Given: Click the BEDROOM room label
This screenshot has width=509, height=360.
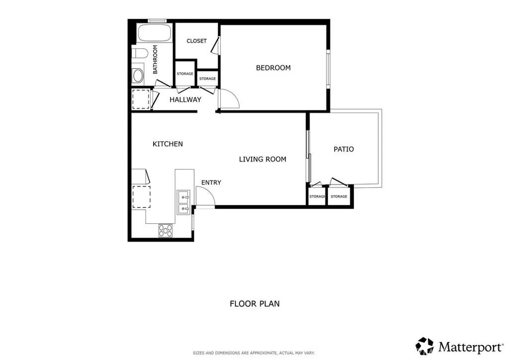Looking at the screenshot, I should tap(273, 68).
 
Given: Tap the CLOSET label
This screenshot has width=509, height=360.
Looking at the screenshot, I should tap(196, 41).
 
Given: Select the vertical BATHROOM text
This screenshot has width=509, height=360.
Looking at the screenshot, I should tap(155, 60).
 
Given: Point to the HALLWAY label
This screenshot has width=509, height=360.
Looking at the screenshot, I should tap(185, 99).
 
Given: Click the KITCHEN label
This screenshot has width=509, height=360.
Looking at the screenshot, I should tap(168, 144).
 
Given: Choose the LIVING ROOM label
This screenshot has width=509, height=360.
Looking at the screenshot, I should tap(262, 159).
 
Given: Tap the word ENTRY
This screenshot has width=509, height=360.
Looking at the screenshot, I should tap(211, 182).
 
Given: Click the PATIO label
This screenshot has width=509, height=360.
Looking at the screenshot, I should tap(343, 149).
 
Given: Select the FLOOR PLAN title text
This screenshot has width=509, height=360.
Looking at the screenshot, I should tap(254, 303).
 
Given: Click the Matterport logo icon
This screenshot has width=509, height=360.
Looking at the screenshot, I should tap(424, 346).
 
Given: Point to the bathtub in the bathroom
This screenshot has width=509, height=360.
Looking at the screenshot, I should tap(154, 33).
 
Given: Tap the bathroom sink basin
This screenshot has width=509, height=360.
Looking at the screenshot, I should tap(138, 76).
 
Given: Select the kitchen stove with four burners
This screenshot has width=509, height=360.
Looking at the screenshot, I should tap(166, 230).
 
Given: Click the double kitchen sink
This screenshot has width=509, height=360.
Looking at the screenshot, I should tap(182, 201).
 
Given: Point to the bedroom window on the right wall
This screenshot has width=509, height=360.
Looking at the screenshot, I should tap(328, 69).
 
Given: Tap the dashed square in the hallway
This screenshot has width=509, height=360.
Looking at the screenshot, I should tap(141, 99).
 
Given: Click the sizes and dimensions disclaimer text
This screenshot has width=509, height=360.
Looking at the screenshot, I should tap(254, 353).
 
